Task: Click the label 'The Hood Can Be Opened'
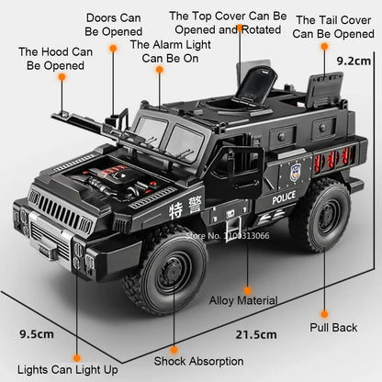click(x=55, y=59)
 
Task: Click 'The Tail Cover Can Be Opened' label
click(x=333, y=26)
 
